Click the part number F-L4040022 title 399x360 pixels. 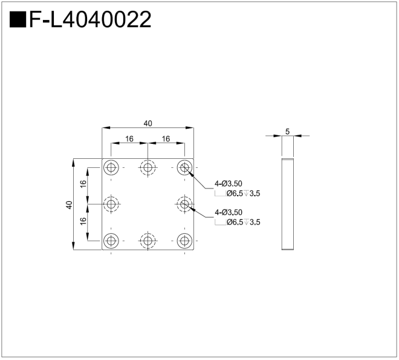click(x=89, y=21)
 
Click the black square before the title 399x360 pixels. click(x=18, y=21)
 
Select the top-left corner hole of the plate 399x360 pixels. click(x=111, y=167)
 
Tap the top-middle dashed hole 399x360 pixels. click(x=148, y=167)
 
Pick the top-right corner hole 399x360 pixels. click(x=184, y=167)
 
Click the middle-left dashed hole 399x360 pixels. click(x=111, y=204)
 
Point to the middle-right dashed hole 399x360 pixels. click(x=184, y=204)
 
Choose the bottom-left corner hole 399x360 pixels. click(x=111, y=241)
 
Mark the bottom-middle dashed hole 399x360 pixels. click(x=148, y=241)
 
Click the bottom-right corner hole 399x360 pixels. click(x=184, y=241)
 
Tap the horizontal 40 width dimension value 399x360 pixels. click(x=148, y=123)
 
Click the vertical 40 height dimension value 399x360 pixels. click(x=70, y=205)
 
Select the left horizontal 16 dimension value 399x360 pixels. click(x=129, y=139)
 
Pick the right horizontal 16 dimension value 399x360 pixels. click(x=166, y=139)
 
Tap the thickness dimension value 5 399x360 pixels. click(x=288, y=130)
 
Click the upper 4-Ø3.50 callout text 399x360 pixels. click(x=229, y=183)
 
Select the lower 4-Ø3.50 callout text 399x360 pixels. click(x=229, y=212)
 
